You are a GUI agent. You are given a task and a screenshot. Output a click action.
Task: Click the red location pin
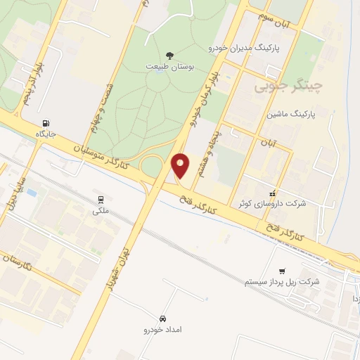click(x=181, y=165)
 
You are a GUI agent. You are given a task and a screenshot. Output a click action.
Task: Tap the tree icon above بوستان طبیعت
click(x=169, y=55)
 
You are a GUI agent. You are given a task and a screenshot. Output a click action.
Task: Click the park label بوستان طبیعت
click(x=170, y=66)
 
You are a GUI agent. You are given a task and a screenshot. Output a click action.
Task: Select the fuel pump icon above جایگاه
click(x=46, y=122)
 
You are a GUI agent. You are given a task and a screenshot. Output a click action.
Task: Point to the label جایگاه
click(x=45, y=133)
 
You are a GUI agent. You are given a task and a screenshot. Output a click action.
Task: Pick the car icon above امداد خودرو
click(x=163, y=318)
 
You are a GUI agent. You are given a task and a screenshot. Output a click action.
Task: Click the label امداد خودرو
click(x=163, y=328)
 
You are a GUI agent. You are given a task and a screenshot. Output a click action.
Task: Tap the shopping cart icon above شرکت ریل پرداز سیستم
click(x=282, y=271)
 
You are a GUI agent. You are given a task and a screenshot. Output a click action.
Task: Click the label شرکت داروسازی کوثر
click(x=272, y=204)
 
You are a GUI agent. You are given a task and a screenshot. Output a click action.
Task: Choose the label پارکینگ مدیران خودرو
click(x=244, y=48)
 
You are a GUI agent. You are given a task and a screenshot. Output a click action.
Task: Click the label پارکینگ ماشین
click(x=291, y=112)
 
